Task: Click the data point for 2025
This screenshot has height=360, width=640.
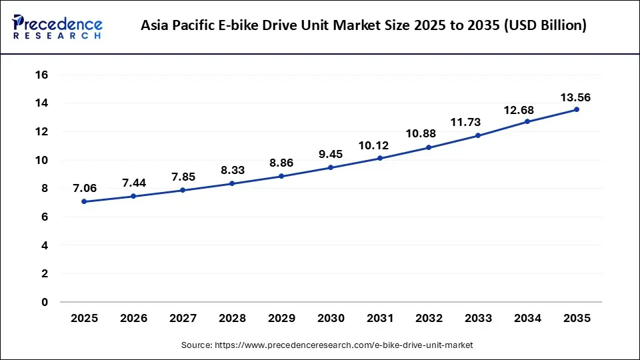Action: [84, 201]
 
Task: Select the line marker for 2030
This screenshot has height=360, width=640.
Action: [330, 167]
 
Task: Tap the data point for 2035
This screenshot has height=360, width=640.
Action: [576, 109]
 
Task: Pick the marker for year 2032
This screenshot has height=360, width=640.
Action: [429, 147]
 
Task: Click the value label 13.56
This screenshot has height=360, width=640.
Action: [576, 97]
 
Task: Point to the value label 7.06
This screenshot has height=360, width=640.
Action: [84, 189]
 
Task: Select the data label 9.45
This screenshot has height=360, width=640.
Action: [330, 155]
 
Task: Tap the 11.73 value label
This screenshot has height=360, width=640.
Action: [477, 123]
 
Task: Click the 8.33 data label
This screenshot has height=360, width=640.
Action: [232, 171]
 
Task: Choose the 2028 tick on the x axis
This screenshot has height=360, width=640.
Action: [232, 319]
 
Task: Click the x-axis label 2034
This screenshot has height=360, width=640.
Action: [527, 319]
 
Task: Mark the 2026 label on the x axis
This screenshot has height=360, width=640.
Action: [133, 319]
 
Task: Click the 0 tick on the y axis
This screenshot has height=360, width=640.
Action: [44, 302]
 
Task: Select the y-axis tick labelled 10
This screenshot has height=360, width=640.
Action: [41, 160]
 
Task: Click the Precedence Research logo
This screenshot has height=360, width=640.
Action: [57, 26]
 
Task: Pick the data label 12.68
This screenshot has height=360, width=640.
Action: [527, 109]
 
